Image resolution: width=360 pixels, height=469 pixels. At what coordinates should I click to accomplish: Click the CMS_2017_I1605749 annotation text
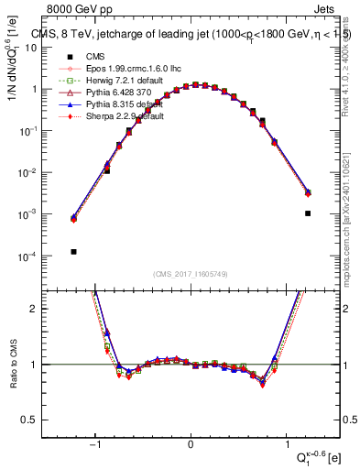pyautogui.click(x=191, y=273)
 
